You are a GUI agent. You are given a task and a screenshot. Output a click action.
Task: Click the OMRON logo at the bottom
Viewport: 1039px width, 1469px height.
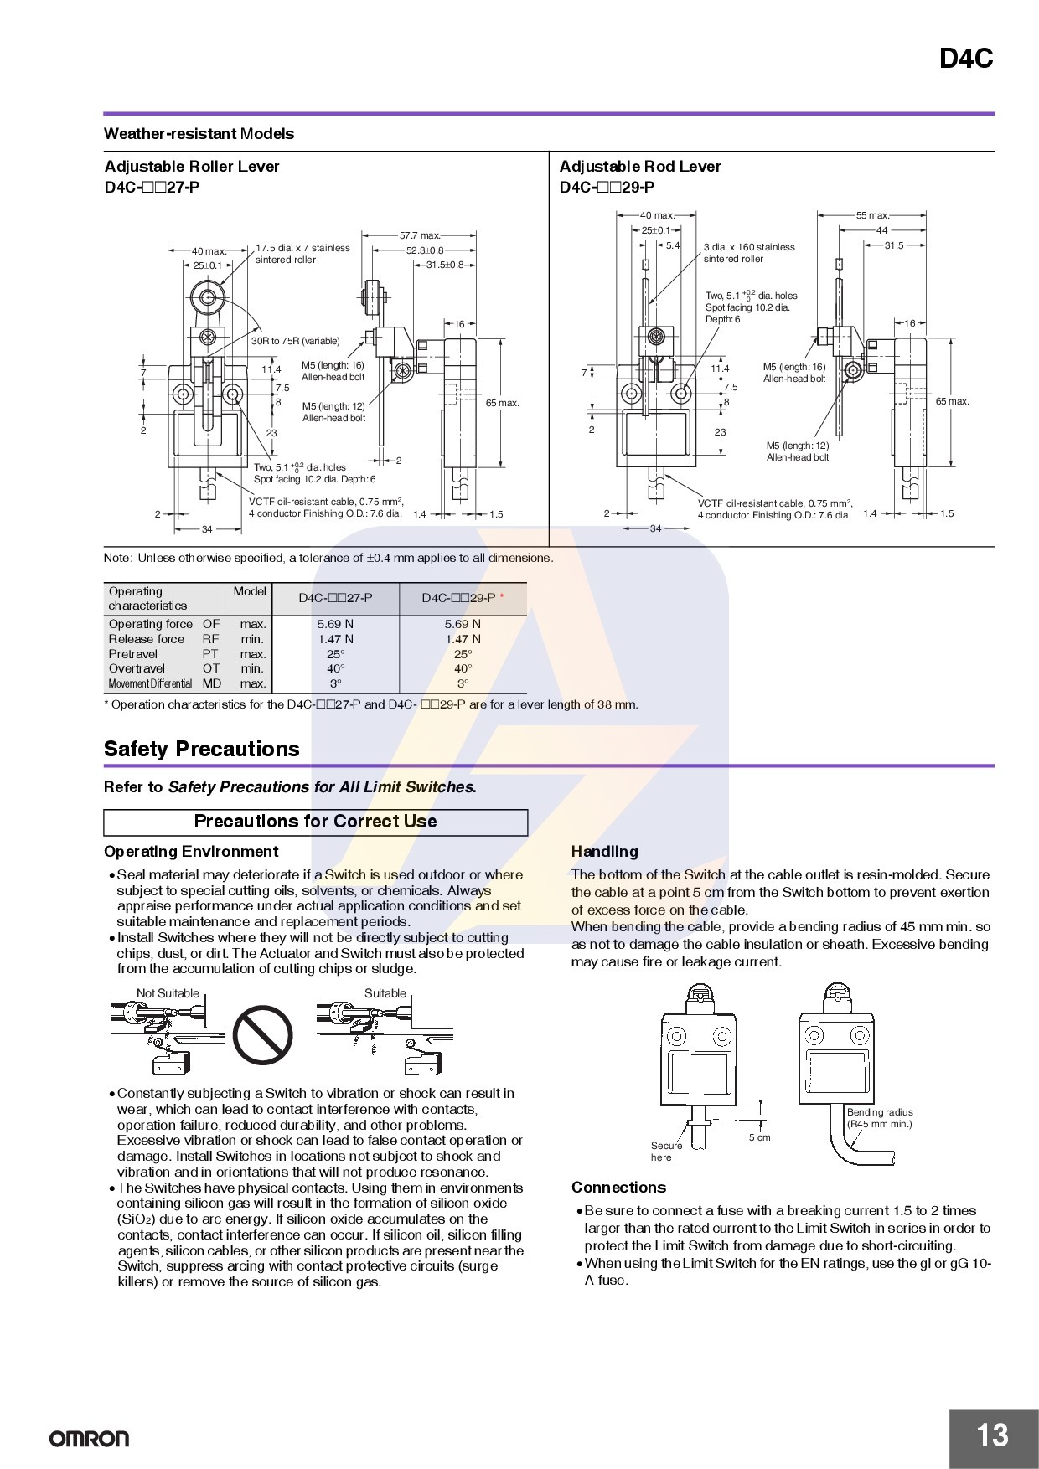89,1439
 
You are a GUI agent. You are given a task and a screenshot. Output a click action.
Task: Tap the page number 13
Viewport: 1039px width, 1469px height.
992,1435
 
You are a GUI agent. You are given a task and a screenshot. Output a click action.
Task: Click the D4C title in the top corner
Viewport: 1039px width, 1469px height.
965,59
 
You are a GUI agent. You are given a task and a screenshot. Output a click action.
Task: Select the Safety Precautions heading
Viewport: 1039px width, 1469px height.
201,749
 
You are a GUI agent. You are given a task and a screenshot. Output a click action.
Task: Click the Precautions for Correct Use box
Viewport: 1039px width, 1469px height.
315,822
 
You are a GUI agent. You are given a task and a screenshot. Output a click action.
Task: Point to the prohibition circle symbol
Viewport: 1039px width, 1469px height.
262,1033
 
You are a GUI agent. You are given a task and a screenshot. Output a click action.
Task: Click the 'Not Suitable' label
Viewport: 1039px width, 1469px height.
168,993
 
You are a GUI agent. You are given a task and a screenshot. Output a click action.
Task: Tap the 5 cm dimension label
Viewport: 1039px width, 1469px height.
759,1137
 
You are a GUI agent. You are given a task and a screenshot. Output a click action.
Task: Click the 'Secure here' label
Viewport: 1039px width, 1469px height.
666,1152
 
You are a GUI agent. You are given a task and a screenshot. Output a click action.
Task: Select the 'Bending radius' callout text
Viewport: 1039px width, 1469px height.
879,1118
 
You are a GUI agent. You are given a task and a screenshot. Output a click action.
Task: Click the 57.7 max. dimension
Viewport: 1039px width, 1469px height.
419,235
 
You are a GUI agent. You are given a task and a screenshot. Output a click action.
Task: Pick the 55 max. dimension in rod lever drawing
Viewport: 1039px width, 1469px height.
871,215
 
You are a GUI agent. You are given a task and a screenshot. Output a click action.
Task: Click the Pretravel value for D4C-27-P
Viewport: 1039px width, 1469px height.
335,654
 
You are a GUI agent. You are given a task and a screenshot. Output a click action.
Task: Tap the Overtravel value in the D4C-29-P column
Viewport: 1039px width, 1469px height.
463,668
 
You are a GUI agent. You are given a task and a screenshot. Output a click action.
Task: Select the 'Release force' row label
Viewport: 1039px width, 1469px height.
147,639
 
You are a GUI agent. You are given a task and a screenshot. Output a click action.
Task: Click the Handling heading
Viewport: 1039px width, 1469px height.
604,852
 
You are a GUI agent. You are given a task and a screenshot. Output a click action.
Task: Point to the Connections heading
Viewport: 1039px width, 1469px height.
618,1188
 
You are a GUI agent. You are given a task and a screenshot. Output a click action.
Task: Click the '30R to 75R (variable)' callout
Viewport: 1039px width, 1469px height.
296,341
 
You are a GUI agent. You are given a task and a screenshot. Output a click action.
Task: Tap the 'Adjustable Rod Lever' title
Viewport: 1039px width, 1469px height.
639,167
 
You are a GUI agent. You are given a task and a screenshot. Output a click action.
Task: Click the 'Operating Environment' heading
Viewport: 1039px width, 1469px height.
190,852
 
